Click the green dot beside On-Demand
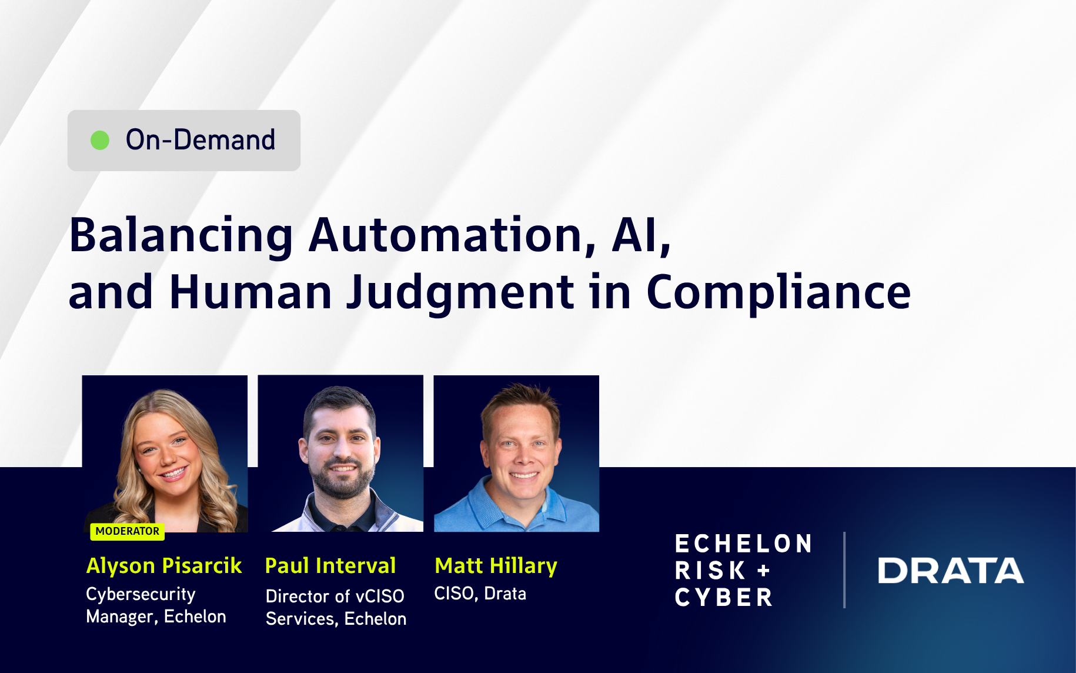click(x=100, y=140)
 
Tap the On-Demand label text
click(x=200, y=140)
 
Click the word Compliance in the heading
click(x=778, y=292)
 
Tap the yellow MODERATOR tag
click(x=127, y=531)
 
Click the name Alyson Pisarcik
click(x=164, y=566)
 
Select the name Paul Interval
click(x=330, y=566)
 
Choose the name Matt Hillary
click(x=496, y=566)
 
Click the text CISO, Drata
click(x=480, y=594)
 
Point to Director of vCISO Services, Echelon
click(x=336, y=607)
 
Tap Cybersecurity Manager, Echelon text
click(x=156, y=605)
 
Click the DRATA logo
click(x=951, y=571)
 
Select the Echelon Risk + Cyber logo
click(x=743, y=571)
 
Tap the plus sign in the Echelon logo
click(x=764, y=571)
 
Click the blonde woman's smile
click(x=173, y=473)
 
